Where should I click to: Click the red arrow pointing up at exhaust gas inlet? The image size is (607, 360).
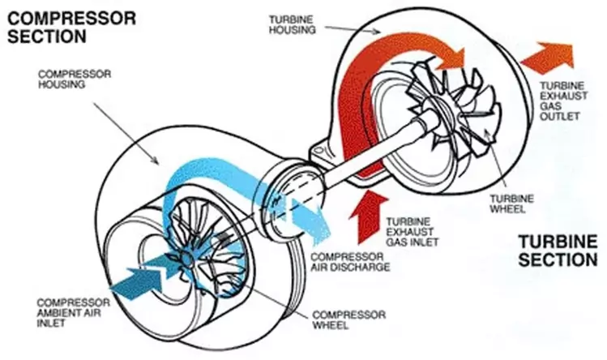point(362,218)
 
